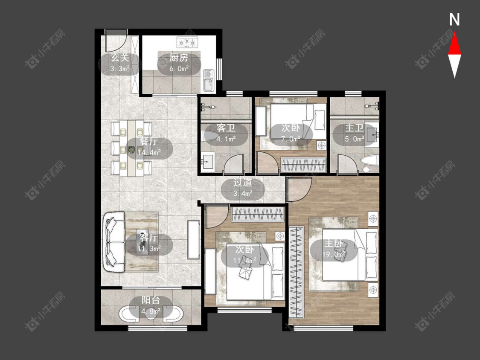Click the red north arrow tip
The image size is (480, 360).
click(x=454, y=32)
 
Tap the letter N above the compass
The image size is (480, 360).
click(x=454, y=20)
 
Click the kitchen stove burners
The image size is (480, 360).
click(x=187, y=42)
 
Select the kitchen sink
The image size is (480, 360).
click(x=209, y=81)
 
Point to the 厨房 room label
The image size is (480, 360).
click(x=179, y=57)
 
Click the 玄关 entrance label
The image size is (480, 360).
click(x=120, y=57)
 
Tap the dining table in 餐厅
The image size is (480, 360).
click(x=132, y=148)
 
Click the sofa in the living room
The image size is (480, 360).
click(x=114, y=242)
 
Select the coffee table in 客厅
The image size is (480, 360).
click(x=142, y=242)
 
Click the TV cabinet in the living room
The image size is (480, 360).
click(x=193, y=240)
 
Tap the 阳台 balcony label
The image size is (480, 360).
click(x=151, y=300)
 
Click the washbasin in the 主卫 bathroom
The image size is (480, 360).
click(x=372, y=134)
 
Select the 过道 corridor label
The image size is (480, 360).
click(x=243, y=183)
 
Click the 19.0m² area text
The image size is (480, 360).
click(x=334, y=254)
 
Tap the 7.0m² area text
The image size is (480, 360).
click(x=291, y=139)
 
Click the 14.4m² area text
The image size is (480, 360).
click(x=149, y=152)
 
